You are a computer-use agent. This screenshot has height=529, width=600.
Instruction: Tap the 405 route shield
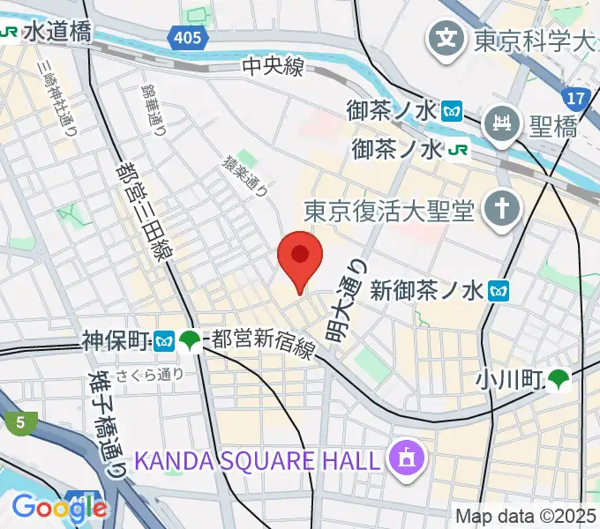[186, 37]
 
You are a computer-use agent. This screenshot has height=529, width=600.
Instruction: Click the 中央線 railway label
[274, 66]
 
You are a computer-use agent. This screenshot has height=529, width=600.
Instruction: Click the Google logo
[59, 506]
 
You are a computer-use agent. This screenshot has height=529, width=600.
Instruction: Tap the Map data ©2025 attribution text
[526, 516]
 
